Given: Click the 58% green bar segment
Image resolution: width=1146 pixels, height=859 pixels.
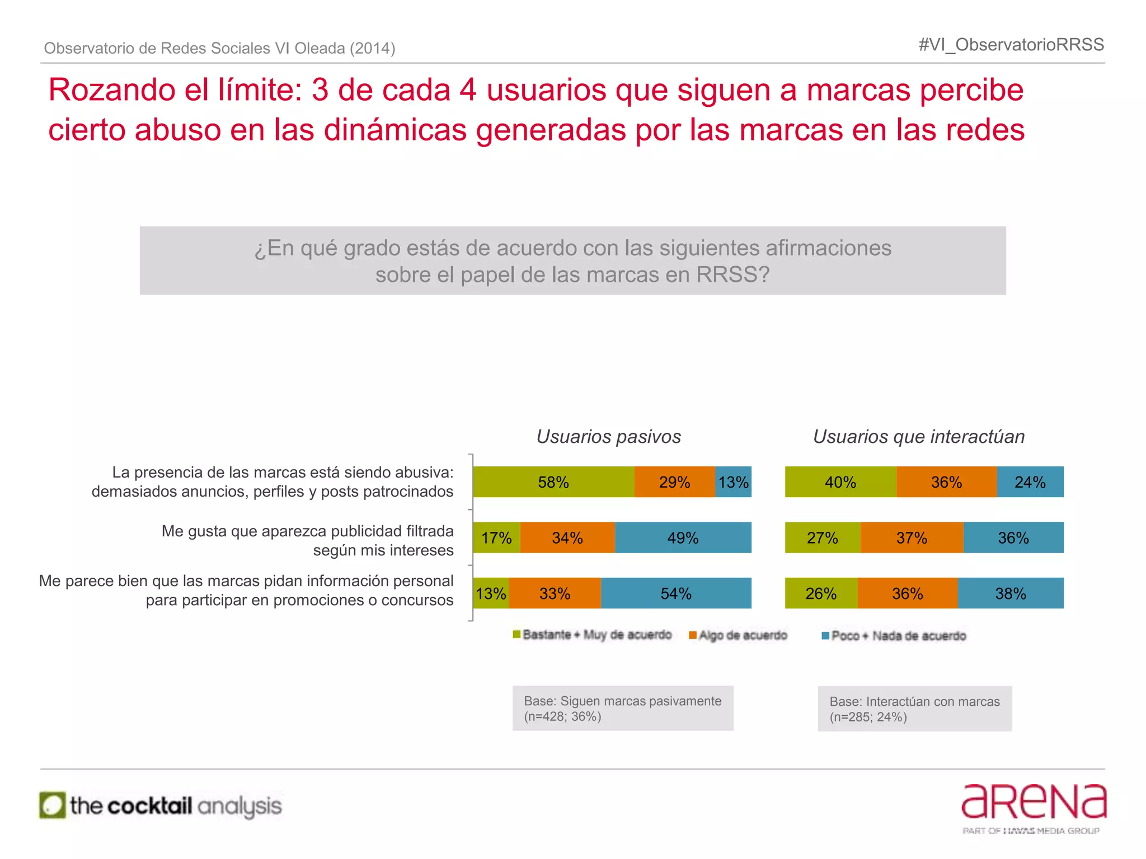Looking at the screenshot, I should tap(553, 482).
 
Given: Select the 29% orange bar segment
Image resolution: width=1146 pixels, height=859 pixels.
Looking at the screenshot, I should tap(674, 482).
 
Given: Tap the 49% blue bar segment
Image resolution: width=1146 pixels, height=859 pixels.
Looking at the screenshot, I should tap(683, 538).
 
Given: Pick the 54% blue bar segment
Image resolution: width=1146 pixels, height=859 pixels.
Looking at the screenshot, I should tap(676, 593).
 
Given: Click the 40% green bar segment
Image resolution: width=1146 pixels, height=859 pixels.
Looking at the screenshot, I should tap(840, 482).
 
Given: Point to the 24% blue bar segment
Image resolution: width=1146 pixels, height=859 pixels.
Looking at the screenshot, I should tap(1030, 482).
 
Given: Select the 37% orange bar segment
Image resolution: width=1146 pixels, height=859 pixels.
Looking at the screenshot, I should tap(912, 538).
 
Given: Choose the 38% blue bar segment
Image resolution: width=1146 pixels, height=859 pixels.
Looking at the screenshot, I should tap(1011, 593).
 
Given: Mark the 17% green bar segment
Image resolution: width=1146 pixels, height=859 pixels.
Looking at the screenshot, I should tap(496, 538).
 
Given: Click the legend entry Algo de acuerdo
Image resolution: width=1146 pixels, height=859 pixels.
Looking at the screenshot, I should tap(739, 635).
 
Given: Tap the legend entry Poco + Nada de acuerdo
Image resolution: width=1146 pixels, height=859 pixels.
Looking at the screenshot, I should tap(894, 636).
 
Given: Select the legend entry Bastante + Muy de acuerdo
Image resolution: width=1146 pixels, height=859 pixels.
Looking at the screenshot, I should tap(593, 635).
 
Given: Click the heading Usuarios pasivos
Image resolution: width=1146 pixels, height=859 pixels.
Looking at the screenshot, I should tap(609, 436).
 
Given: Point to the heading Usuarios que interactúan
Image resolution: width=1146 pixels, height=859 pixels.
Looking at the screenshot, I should tap(919, 436).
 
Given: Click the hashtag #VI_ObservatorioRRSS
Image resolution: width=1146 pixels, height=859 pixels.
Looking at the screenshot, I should tap(1011, 45).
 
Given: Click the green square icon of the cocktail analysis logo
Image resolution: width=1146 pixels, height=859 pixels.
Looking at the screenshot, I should tap(53, 805).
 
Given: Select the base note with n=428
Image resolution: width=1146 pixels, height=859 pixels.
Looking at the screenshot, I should tap(623, 709).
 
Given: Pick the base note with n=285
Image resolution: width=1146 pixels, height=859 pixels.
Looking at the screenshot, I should tap(915, 709).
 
